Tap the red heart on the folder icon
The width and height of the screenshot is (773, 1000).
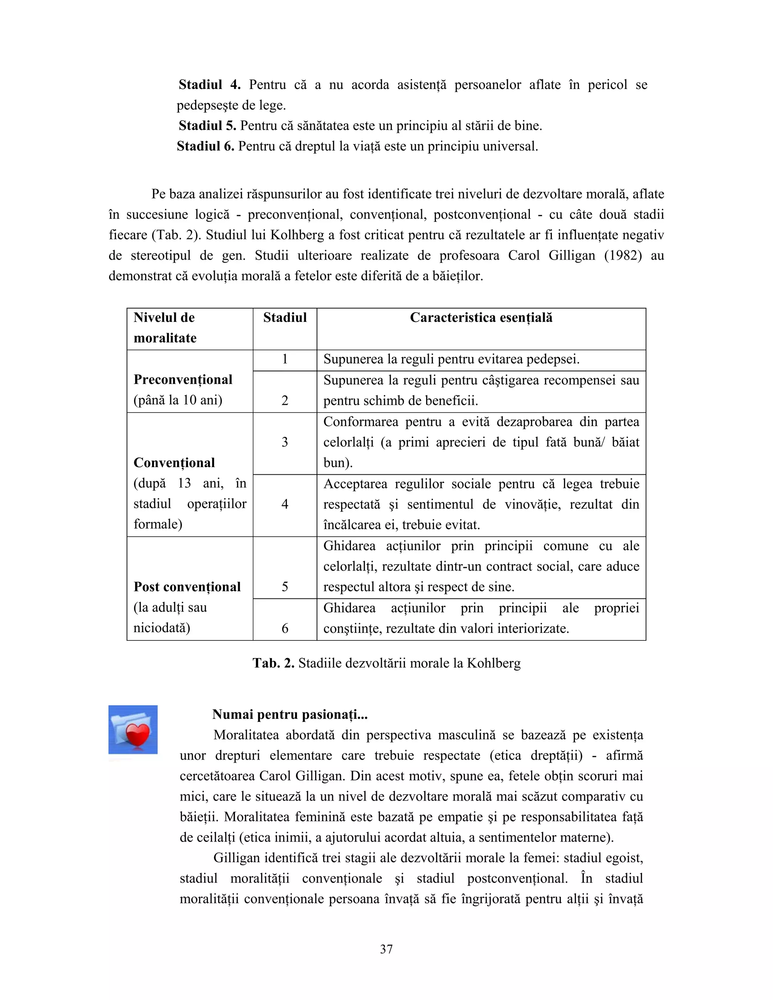(138, 735)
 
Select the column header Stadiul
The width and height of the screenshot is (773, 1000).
(285, 318)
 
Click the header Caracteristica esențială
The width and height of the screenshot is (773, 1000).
(481, 318)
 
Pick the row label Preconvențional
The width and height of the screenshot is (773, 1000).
(183, 380)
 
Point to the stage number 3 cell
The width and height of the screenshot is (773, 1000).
(285, 442)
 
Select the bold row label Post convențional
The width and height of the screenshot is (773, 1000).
(187, 587)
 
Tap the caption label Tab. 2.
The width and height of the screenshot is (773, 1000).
(273, 663)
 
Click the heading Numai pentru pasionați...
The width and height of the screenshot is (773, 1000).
(289, 714)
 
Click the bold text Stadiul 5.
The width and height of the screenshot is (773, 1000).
(207, 125)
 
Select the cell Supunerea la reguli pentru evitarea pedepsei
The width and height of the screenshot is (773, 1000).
(451, 359)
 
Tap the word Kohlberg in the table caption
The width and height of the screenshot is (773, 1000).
(494, 663)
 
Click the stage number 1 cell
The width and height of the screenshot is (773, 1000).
(285, 359)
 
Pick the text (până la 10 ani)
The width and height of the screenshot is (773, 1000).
(178, 400)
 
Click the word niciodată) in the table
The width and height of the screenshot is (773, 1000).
(162, 628)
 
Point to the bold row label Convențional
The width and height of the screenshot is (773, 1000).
(174, 463)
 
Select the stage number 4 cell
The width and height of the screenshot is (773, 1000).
(285, 504)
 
